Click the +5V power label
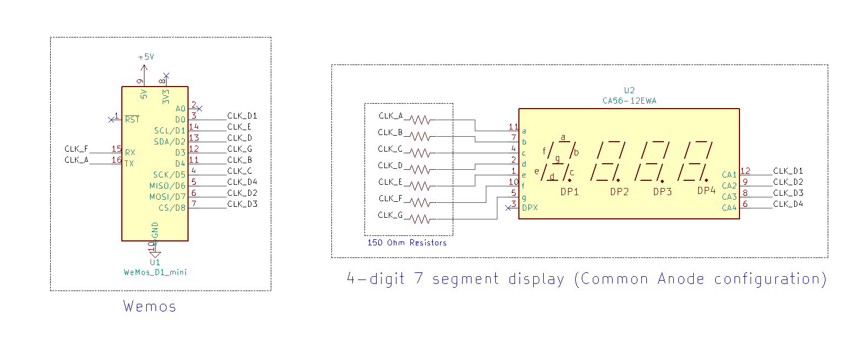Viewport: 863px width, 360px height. pos(146,57)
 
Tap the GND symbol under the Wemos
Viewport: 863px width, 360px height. pos(155,254)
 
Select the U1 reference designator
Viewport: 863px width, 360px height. pos(155,262)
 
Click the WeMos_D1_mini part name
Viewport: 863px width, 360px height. pos(155,272)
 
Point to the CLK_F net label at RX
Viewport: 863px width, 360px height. pos(76,149)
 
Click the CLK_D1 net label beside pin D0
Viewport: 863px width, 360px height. pos(242,116)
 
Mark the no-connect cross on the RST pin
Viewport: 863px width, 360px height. pos(111,119)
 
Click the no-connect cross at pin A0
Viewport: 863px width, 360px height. pos(200,109)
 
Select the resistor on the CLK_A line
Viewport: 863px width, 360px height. pos(420,120)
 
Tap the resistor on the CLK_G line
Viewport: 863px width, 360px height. pos(420,219)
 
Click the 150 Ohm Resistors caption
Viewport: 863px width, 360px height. pos(407,243)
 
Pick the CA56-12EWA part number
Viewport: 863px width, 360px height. pos(629,100)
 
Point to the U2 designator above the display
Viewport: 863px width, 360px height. pos(629,91)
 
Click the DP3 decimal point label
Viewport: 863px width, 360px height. pos(662,192)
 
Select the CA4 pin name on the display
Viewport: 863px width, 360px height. pos(729,208)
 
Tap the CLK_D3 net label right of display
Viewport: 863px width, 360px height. pos(788,193)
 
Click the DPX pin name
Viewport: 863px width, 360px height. pos(529,208)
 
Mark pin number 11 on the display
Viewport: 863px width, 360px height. pos(513,127)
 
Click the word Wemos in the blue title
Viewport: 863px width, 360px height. pos(149,306)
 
